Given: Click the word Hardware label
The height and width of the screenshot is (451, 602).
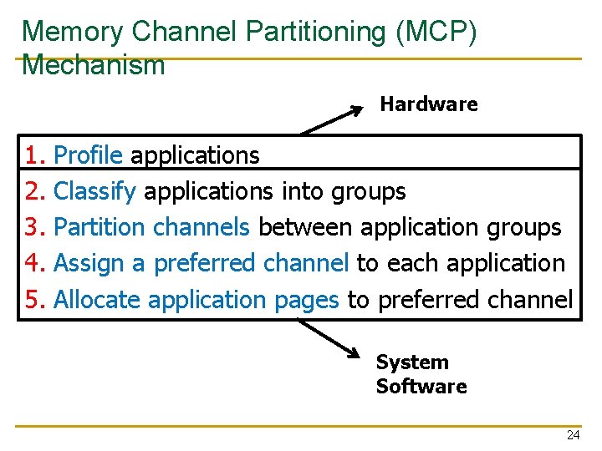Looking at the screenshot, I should [428, 104].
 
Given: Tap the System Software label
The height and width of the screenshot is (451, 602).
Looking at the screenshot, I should [421, 374].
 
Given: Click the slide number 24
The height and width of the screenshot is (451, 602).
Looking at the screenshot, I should [573, 435].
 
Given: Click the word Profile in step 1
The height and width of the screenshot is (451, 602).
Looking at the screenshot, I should [88, 155].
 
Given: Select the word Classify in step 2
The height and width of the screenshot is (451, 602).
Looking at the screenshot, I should [94, 192].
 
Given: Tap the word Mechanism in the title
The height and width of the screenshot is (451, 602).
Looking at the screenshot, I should [94, 64].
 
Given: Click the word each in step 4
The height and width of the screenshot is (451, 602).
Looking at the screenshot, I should [414, 263].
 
